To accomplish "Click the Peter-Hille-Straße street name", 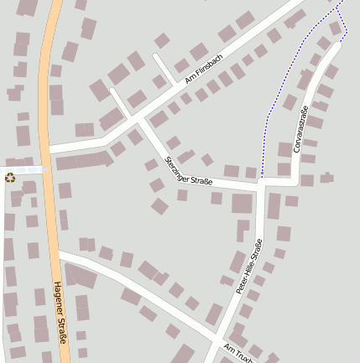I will tap(249, 266).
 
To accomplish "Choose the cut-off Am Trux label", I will tap(239, 350).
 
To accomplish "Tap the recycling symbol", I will tap(10, 177).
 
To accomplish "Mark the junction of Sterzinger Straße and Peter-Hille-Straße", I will tap(263, 182).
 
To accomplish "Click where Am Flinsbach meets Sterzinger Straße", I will tap(136, 113).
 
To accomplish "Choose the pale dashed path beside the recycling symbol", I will tap(25, 169).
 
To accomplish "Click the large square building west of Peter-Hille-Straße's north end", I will tap(242, 203).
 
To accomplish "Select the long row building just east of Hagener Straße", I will tap(83, 160).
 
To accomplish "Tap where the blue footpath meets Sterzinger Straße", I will tap(261, 178).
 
